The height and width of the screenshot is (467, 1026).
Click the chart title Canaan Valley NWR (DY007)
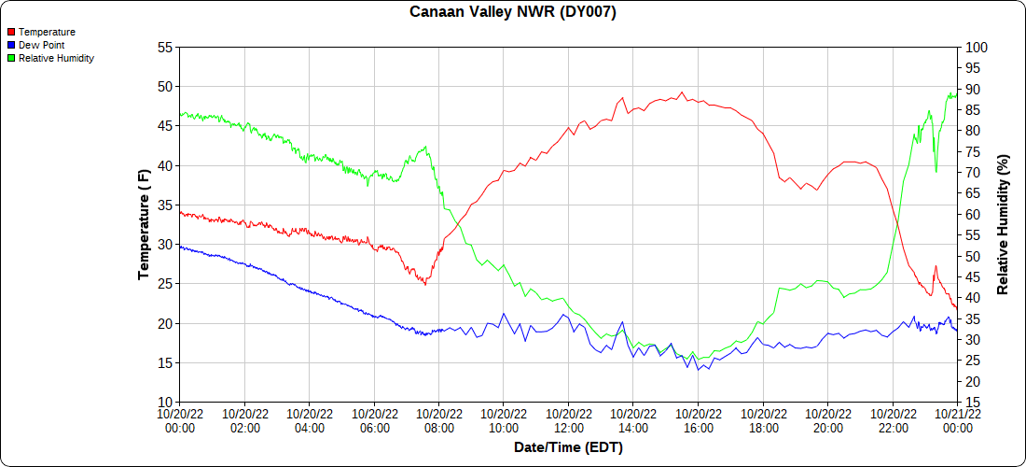click(513, 12)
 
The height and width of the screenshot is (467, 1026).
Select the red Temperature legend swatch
click(11, 32)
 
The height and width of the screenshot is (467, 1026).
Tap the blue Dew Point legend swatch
click(11, 45)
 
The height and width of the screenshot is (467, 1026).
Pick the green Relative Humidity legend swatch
click(11, 58)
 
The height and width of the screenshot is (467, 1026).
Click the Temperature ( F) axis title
click(144, 224)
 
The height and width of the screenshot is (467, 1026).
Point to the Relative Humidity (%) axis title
click(1004, 224)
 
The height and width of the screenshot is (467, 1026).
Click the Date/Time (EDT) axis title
click(568, 447)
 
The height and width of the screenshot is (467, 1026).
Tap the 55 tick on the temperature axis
click(165, 48)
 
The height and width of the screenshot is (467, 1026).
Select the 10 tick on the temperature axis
click(165, 403)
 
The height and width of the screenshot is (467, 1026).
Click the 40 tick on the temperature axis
click(165, 166)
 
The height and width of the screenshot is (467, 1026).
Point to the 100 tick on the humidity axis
click(975, 48)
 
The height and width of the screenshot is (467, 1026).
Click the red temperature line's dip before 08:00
click(425, 283)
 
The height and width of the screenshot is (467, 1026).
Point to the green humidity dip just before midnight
click(936, 171)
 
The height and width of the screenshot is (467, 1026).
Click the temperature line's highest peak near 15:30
click(682, 92)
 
